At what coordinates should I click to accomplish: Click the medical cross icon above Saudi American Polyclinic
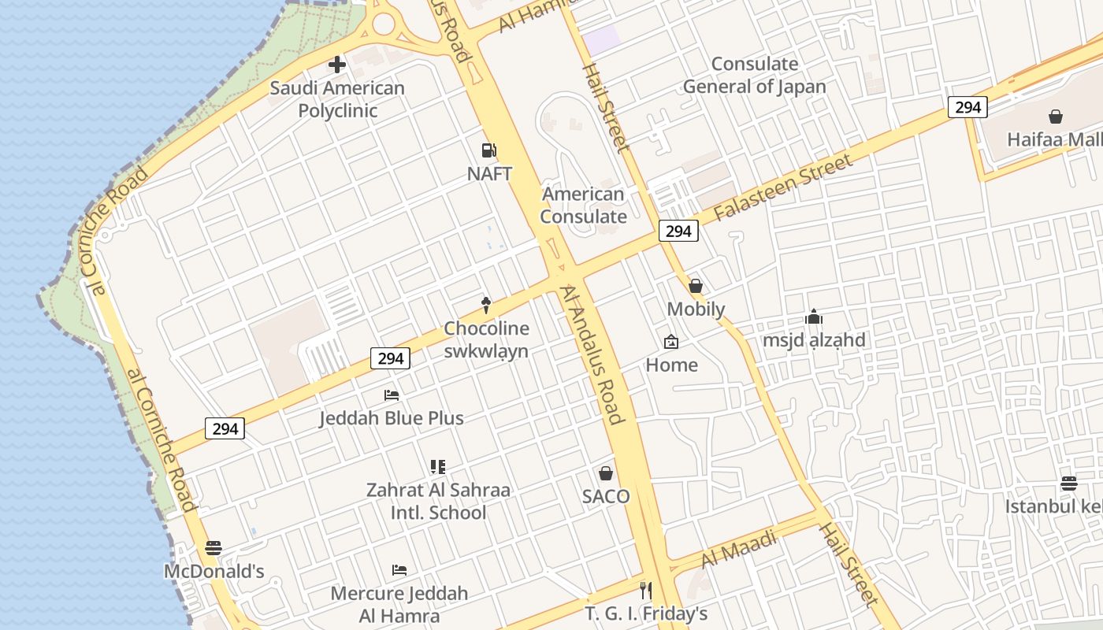coord(337,65)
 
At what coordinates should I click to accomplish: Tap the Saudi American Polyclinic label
coord(337,99)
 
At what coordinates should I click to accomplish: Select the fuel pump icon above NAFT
coord(489,150)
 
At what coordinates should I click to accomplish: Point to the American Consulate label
coord(584,205)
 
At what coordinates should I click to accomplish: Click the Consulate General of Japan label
coord(754,76)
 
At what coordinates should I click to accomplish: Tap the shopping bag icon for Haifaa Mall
coord(1056,117)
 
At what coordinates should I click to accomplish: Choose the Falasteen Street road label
coord(782,188)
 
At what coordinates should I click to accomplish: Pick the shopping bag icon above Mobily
coord(696,286)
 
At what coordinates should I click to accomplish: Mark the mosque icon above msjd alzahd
coord(814,317)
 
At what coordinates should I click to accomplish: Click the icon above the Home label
coord(671,342)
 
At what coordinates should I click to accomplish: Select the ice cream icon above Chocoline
coord(486,305)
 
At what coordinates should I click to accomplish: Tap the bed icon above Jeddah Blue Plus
coord(392,395)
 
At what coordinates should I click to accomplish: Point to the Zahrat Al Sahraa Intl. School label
coord(438,501)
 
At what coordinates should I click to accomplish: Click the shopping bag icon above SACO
coord(606,473)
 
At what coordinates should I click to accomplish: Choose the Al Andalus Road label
coord(592,354)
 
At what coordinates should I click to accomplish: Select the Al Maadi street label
coord(739,548)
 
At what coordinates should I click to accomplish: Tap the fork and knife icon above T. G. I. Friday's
coord(646,590)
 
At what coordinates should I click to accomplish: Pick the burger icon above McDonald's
coord(214,547)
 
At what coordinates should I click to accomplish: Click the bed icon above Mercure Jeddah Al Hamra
coord(399,569)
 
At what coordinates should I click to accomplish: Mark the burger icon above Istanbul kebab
coord(1069,483)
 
